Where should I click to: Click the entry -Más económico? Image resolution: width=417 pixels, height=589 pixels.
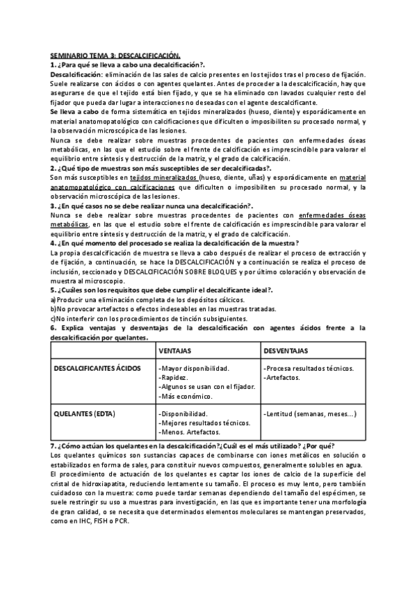(x=186, y=396)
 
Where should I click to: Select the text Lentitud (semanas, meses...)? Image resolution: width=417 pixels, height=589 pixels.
(x=311, y=414)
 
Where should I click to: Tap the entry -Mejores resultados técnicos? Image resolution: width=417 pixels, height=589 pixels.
(x=199, y=423)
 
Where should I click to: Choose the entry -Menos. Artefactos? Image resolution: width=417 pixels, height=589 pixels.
(x=186, y=433)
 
